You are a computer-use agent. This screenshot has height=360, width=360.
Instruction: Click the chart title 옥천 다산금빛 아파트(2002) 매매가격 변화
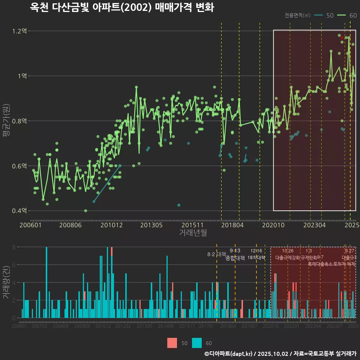(121, 7)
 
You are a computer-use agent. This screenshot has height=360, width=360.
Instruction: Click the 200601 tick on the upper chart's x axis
(30, 225)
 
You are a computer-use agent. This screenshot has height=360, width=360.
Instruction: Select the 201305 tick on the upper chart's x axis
(151, 225)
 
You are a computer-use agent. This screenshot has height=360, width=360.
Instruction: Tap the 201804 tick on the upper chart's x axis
(232, 225)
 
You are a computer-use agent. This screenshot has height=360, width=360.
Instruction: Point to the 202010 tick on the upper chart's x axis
(273, 225)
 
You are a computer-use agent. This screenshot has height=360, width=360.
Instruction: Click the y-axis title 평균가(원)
(6, 121)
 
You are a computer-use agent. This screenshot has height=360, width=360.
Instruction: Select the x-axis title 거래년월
(193, 233)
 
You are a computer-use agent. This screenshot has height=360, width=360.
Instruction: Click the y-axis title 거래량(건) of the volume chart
(6, 282)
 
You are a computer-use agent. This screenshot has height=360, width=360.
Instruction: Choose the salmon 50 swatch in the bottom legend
(172, 343)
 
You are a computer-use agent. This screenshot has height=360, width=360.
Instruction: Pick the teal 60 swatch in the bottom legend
(197, 343)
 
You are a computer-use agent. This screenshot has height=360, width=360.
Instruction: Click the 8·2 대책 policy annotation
(214, 254)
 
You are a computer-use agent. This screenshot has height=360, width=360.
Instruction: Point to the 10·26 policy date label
(288, 251)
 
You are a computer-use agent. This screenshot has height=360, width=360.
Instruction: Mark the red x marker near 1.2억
(342, 37)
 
